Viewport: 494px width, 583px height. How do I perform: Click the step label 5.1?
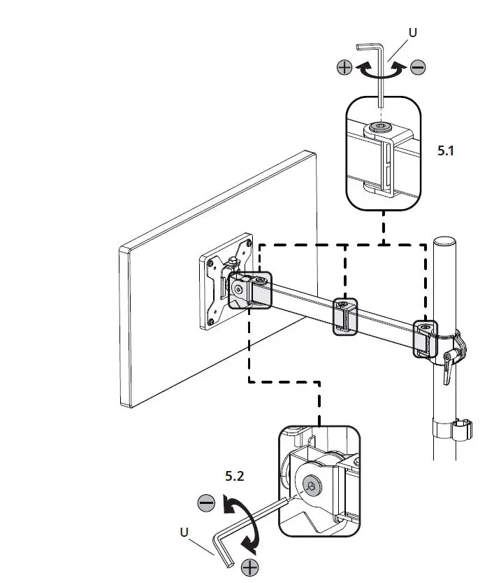tap(446, 150)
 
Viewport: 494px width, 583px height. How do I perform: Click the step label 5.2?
tap(235, 476)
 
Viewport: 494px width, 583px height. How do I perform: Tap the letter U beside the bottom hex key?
tap(184, 531)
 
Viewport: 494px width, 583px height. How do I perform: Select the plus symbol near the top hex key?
tap(344, 67)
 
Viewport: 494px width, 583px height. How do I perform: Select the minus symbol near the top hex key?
tap(417, 67)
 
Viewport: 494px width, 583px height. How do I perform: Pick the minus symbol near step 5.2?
tap(206, 503)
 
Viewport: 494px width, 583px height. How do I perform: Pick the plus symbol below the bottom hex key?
tap(249, 568)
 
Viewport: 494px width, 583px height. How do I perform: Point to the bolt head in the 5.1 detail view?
tap(381, 128)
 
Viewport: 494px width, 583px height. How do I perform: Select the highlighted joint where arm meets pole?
tap(424, 339)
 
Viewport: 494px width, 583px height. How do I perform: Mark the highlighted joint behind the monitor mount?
tap(249, 289)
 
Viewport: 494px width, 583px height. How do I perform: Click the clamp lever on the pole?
tap(451, 361)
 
